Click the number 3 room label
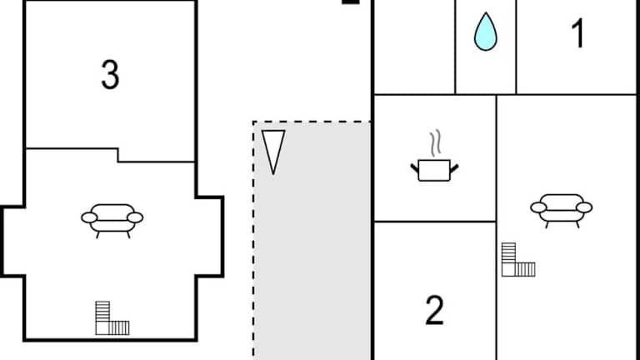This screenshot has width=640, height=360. (x=110, y=75)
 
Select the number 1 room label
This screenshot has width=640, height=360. (x=577, y=34)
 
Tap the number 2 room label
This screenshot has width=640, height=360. (x=434, y=311)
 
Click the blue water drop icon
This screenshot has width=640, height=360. (x=485, y=32)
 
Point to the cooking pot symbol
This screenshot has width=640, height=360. (x=434, y=169)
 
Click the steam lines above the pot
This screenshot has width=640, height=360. (x=434, y=143)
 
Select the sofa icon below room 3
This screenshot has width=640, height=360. (x=112, y=218)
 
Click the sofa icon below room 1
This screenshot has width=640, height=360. (x=561, y=208)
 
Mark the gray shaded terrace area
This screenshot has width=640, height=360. (x=312, y=250)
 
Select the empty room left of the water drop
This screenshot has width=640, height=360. (x=413, y=46)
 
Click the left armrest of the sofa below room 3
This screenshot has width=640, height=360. (x=89, y=217)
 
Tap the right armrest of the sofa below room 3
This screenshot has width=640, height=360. (x=135, y=217)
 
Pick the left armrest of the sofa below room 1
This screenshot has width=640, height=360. (x=538, y=207)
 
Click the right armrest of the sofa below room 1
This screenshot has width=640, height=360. (x=584, y=207)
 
